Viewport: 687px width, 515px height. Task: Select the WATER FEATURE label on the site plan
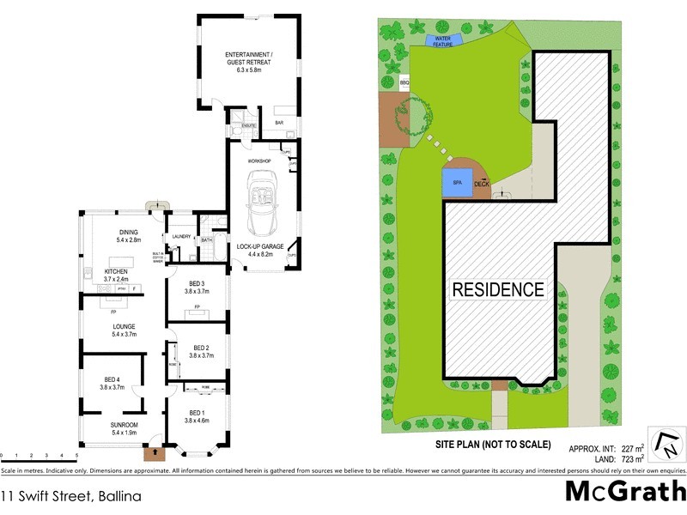coord(443,40)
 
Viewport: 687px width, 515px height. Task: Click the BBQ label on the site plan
coord(404,82)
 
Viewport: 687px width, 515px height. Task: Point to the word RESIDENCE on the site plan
coord(498,289)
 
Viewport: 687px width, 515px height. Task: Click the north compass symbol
coord(666,445)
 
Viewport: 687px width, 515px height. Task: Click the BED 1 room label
coord(197,416)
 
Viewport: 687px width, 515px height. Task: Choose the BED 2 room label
coord(199,352)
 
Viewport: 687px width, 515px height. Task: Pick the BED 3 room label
coord(197,288)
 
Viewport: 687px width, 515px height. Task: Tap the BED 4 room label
coord(113,383)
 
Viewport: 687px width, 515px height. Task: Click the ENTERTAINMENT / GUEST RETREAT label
coord(248,59)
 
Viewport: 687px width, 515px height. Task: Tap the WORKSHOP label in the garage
coord(259,161)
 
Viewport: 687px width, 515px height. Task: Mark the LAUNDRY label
coord(181,237)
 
